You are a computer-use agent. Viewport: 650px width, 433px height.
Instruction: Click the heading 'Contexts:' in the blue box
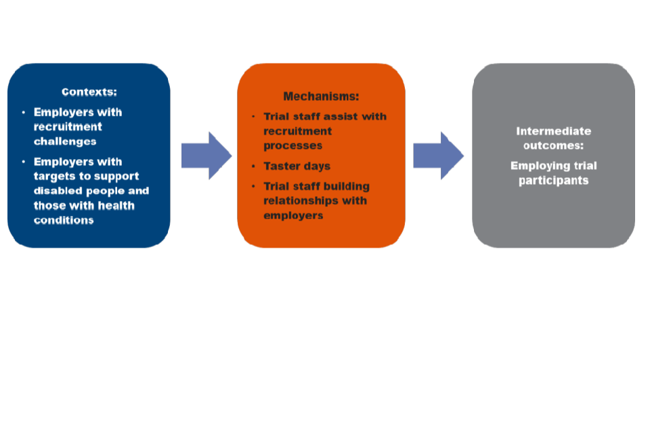[x=88, y=91]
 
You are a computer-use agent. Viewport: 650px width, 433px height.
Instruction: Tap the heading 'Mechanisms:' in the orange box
[x=321, y=96]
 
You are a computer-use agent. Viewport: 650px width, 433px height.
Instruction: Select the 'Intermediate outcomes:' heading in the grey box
[x=553, y=137]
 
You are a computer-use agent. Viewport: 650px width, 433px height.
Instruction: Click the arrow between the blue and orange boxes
[x=206, y=156]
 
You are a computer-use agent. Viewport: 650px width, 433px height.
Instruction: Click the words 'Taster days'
[x=297, y=166]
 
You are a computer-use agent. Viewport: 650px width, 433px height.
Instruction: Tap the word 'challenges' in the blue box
[x=65, y=141]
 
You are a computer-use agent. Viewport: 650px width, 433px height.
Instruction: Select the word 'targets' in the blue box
[x=56, y=177]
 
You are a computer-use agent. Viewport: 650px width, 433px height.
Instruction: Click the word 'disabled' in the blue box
[x=58, y=191]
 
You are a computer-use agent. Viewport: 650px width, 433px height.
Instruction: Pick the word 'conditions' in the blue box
[x=64, y=220]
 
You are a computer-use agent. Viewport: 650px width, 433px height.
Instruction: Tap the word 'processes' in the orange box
[x=292, y=145]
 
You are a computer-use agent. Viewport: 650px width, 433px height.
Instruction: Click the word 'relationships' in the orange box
[x=298, y=200]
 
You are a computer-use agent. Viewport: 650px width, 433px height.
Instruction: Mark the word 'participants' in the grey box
[x=553, y=181]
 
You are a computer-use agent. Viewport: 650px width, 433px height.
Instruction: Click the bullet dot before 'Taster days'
[x=253, y=166]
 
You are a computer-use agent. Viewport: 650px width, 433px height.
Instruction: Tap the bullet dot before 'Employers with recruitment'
[x=24, y=112]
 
